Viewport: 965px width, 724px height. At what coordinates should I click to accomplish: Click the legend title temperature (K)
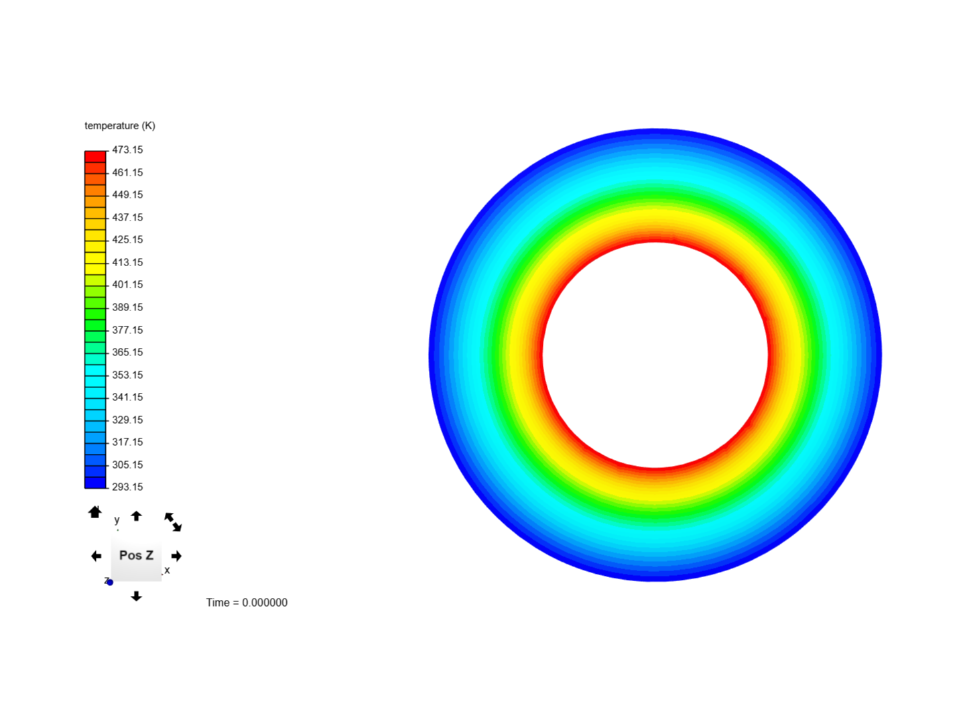coord(120,126)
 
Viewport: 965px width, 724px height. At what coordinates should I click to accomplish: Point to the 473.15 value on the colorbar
coord(127,150)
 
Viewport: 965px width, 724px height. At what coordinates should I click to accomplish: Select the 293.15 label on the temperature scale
coord(127,487)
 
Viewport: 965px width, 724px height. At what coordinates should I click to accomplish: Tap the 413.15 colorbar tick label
coord(127,263)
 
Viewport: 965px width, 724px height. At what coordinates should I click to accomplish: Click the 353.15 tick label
coord(127,375)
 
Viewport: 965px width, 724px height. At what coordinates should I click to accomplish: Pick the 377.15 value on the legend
coord(127,330)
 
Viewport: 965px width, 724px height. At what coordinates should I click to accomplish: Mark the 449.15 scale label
coord(127,195)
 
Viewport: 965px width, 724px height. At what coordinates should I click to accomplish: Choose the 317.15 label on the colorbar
coord(127,442)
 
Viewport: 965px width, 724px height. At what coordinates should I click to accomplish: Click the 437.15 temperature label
coord(127,218)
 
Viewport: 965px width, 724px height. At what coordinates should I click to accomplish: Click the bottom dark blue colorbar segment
coord(95,483)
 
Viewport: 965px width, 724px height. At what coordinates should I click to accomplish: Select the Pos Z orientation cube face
coord(136,556)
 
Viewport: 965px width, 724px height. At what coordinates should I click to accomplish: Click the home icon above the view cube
coord(95,513)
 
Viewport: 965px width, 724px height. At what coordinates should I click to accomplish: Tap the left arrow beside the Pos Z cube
coord(96,556)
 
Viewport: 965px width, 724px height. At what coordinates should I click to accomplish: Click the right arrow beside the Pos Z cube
coord(176,556)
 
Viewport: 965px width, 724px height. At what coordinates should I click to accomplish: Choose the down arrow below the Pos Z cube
coord(136,596)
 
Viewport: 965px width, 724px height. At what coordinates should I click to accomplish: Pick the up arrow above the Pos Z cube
coord(136,516)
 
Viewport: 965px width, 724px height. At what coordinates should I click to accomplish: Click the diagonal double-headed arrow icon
coord(173,522)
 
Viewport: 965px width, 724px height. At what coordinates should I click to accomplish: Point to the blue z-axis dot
coord(110,583)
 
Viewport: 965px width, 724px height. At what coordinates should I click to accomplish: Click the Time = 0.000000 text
coord(247,603)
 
